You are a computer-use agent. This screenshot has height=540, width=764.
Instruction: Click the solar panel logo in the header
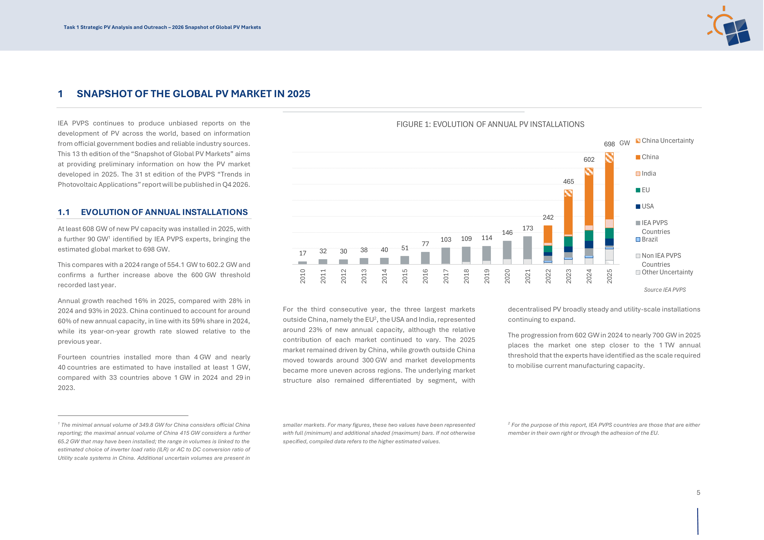point(729,26)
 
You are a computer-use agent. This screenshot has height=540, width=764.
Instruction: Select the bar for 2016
point(425,258)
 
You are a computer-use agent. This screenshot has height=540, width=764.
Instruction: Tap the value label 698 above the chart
point(609,144)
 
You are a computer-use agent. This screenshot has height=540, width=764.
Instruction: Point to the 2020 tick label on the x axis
point(507,277)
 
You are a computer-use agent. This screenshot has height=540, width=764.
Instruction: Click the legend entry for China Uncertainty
point(665,141)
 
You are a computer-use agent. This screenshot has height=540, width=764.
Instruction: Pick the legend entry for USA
point(645,207)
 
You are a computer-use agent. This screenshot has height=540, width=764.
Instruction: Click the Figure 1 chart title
point(490,124)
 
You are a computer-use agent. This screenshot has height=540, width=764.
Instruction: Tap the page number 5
point(698,493)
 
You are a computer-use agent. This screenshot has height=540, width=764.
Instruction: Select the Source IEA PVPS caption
point(665,290)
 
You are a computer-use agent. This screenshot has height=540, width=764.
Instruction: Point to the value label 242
point(548,218)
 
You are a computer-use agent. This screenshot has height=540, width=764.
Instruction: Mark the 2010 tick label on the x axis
point(303,277)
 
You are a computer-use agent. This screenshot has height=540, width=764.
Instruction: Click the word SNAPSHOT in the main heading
point(104,94)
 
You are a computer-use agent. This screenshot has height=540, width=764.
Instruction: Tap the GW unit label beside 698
point(625,143)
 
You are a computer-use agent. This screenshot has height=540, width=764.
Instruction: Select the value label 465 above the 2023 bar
point(568,182)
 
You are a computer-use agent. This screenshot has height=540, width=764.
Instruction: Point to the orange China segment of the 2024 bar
point(589,200)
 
